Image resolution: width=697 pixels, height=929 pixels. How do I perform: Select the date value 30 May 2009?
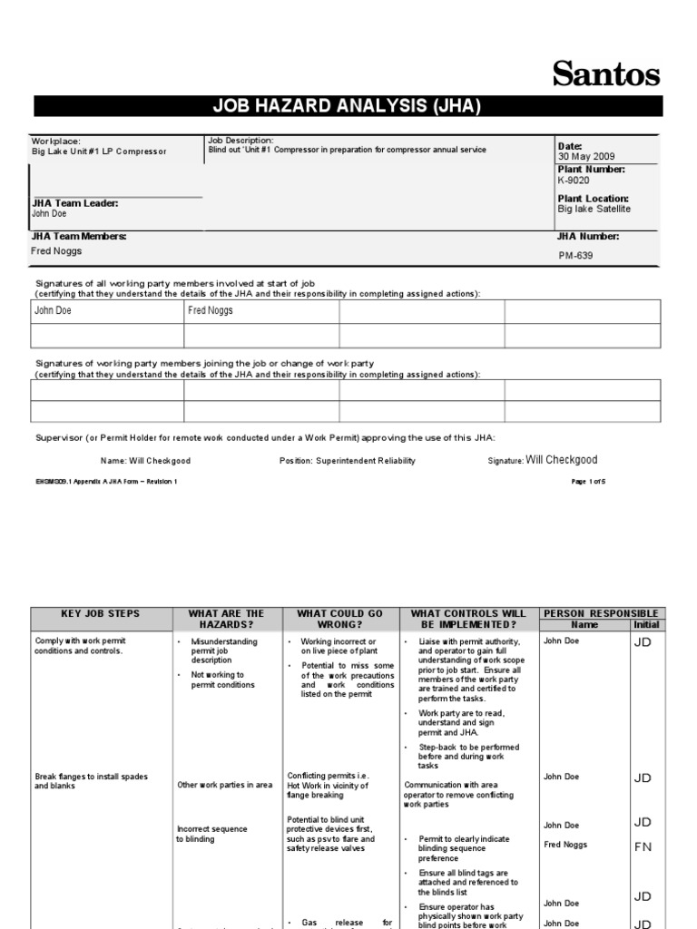587,157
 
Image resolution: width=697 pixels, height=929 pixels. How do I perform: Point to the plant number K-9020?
574,181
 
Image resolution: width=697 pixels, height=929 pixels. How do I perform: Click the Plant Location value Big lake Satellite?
594,209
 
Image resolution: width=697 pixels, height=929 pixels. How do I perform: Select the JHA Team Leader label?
75,203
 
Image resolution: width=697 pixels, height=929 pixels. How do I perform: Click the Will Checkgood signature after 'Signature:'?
562,460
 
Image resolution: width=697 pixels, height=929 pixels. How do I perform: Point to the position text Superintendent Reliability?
366,461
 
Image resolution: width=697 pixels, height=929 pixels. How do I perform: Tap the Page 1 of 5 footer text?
588,482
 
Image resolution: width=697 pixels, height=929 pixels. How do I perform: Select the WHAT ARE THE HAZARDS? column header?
227,620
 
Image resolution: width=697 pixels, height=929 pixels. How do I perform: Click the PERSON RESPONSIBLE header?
600,613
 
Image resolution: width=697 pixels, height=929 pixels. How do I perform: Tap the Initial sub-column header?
646,625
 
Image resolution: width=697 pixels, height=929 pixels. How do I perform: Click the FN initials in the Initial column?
643,847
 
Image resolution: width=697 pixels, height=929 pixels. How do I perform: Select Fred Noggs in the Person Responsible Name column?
564,845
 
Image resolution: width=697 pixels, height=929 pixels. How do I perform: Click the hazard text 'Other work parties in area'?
224,785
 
